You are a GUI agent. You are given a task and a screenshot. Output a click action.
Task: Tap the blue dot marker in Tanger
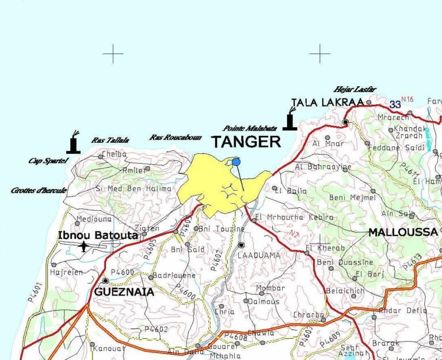pos(237,162)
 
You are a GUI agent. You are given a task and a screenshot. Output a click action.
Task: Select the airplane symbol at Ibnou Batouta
pos(84,247)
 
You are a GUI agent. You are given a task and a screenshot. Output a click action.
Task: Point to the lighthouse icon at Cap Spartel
pos(73,143)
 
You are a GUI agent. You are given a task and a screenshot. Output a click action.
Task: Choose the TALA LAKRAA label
pos(327,103)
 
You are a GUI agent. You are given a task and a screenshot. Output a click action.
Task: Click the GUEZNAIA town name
pos(124,292)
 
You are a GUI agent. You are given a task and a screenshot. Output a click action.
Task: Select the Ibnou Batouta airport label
pos(97,235)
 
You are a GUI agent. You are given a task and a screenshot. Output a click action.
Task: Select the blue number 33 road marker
pos(395,104)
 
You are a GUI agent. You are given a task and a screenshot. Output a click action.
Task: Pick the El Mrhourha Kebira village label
pos(294,217)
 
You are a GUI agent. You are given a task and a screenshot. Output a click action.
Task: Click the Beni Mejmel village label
pos(352,198)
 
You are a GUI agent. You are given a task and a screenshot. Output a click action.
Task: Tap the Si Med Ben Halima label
pos(133,188)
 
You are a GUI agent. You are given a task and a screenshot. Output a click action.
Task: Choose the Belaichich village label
pos(345,291)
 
